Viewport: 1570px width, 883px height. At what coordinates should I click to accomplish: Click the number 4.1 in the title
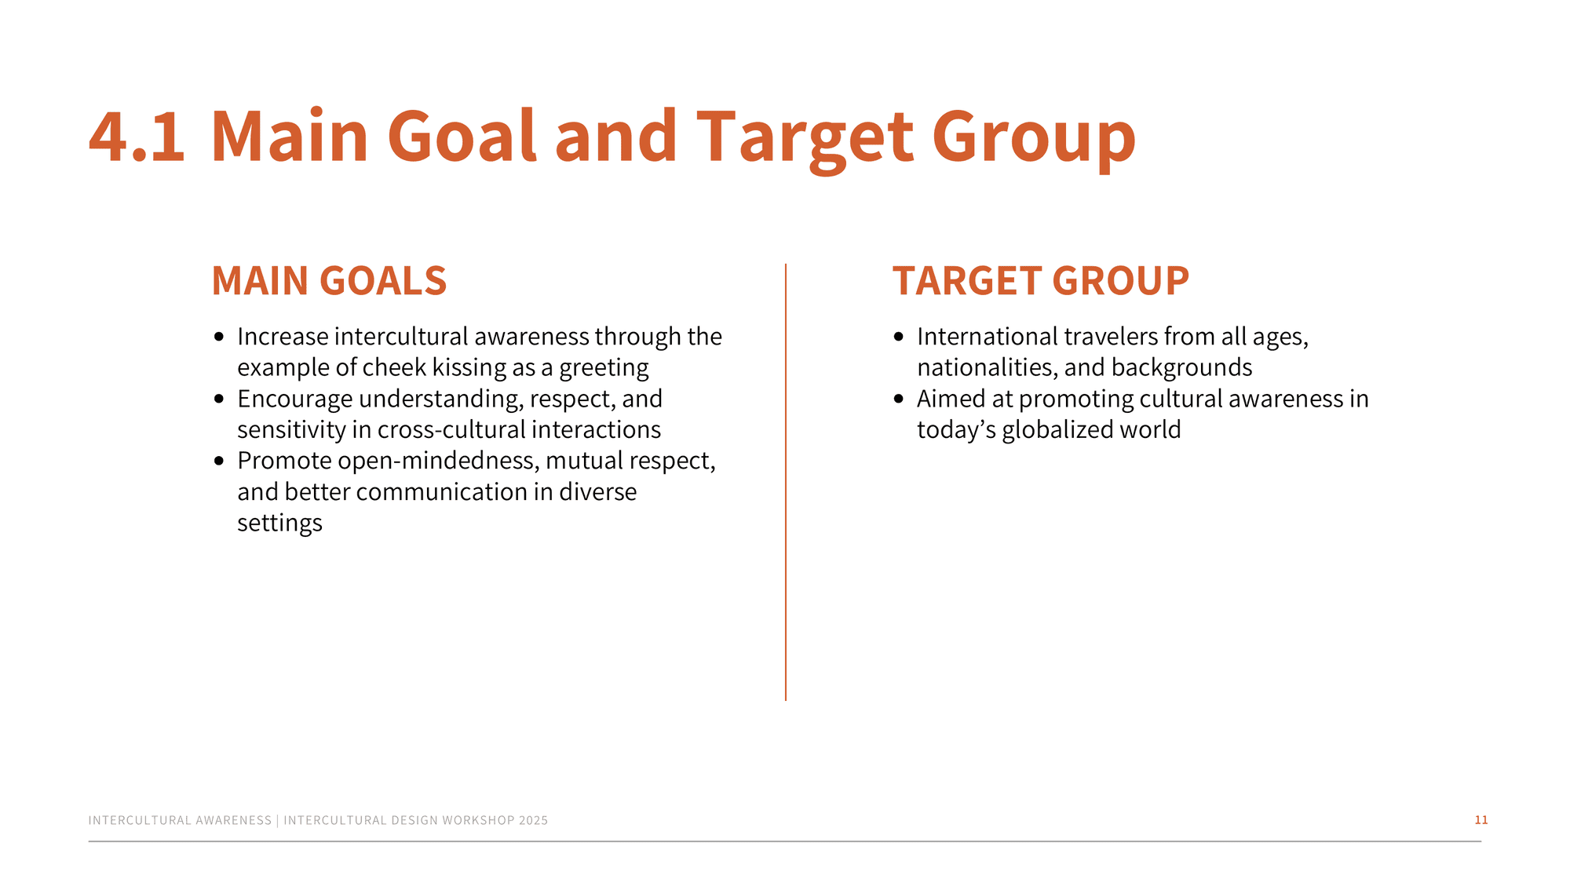(x=137, y=137)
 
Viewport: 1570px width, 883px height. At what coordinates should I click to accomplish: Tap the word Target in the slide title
(x=805, y=141)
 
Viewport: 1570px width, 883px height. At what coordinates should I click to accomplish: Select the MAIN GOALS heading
(x=329, y=281)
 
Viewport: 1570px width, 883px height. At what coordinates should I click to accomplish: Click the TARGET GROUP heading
(x=1041, y=281)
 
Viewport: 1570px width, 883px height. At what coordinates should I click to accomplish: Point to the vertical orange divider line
(x=786, y=482)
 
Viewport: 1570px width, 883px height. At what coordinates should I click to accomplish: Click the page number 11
(x=1481, y=819)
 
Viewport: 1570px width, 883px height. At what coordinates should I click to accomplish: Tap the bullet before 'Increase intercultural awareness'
(x=219, y=338)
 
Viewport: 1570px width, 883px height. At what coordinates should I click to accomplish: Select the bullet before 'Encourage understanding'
(x=219, y=400)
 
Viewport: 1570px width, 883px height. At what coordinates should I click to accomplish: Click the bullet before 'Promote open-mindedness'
(x=219, y=461)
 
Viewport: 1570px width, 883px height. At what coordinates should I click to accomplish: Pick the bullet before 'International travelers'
(x=899, y=338)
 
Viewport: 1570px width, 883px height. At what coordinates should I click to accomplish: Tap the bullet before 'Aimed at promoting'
(x=899, y=400)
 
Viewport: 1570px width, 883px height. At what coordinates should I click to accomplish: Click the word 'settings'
(x=279, y=524)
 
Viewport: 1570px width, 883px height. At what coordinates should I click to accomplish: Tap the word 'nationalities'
(x=987, y=368)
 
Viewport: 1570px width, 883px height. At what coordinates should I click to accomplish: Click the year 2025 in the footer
(x=533, y=820)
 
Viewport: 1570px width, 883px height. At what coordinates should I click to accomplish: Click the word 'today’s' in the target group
(x=956, y=430)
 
